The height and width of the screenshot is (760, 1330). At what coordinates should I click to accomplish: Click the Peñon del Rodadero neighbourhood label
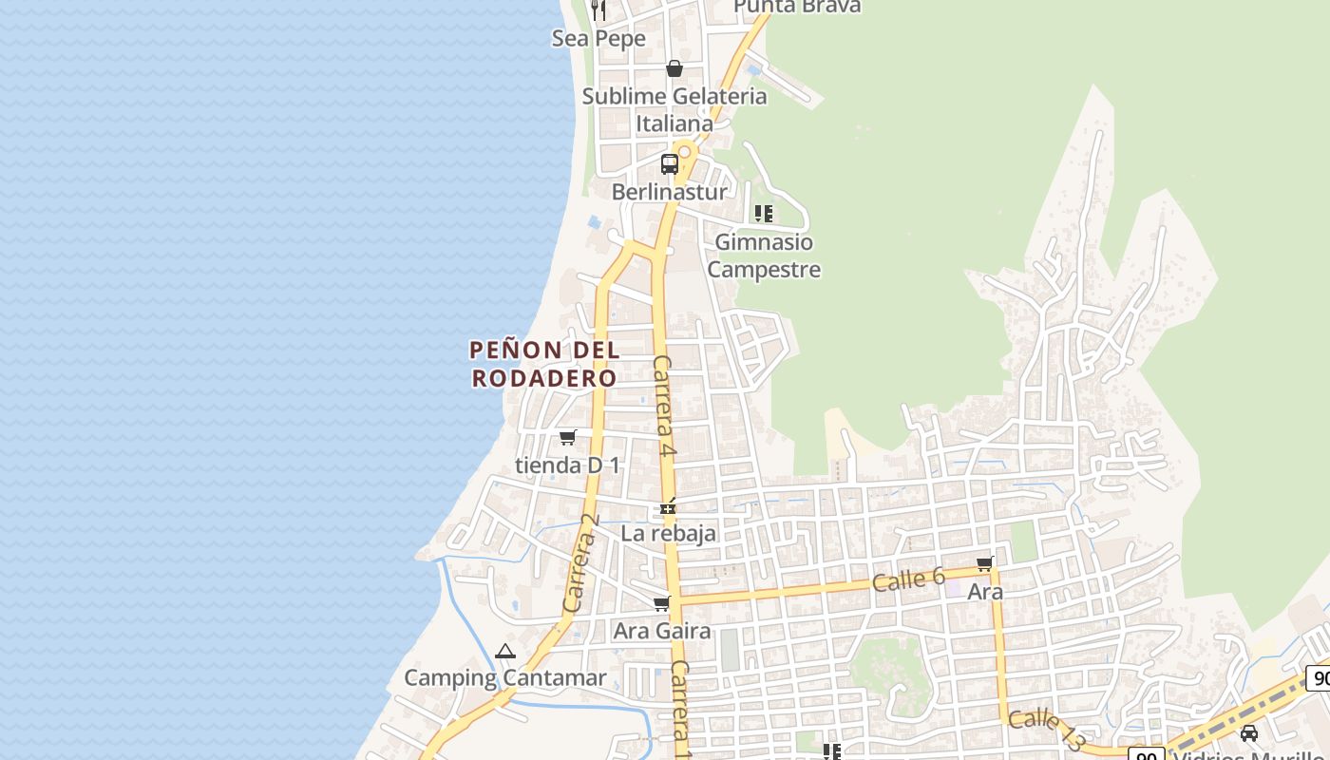point(544,364)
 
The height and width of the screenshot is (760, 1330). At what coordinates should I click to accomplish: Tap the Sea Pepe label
point(598,38)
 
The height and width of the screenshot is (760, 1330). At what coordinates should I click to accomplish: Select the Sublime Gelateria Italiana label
point(674,109)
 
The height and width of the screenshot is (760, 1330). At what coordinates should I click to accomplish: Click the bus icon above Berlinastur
point(670,163)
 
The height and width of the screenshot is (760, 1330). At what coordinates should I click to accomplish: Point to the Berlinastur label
point(669,191)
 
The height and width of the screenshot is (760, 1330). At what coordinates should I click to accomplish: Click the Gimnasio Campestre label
point(764,256)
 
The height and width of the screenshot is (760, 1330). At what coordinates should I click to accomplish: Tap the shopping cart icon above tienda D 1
point(567,437)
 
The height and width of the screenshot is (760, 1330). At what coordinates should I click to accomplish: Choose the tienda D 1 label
point(567,465)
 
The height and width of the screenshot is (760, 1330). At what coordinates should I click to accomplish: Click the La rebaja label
point(668,533)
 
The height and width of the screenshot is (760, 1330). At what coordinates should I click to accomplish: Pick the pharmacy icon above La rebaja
point(669,507)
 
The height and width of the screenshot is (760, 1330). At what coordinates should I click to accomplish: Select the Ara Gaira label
point(661,630)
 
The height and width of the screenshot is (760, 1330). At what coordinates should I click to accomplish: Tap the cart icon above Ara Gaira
point(661,603)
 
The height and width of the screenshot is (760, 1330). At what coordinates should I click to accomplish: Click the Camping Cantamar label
point(504,677)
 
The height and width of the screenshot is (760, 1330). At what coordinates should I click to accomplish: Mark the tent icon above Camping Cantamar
point(504,652)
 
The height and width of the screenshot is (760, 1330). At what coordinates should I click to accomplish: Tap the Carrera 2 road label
point(581,562)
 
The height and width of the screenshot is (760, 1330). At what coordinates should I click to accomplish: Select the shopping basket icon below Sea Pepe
point(674,68)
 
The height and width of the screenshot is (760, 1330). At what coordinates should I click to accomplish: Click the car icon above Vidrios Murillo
point(1249,732)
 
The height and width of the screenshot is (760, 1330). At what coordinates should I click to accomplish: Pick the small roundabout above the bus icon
point(684,151)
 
